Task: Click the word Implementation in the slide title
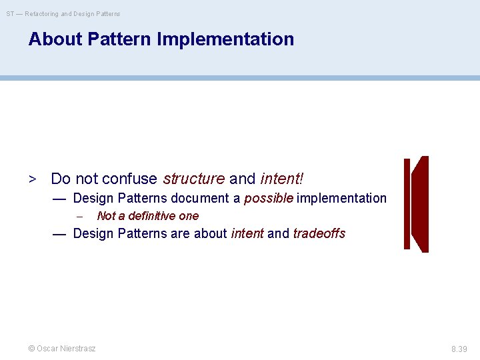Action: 225,39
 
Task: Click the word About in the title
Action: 55,39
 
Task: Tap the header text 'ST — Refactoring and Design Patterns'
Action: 63,13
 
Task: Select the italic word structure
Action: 193,179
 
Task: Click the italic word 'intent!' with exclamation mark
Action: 281,179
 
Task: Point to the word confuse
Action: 130,179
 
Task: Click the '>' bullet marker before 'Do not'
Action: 31,179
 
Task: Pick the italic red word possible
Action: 268,198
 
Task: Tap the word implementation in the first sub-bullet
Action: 342,198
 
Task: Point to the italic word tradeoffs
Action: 319,233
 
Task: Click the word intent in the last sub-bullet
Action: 247,233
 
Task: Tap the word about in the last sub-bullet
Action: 210,233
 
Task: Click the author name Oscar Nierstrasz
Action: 66,349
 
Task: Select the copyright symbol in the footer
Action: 31,349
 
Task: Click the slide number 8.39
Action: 459,349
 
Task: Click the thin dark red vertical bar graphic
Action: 407,204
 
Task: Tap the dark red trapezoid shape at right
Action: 420,204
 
